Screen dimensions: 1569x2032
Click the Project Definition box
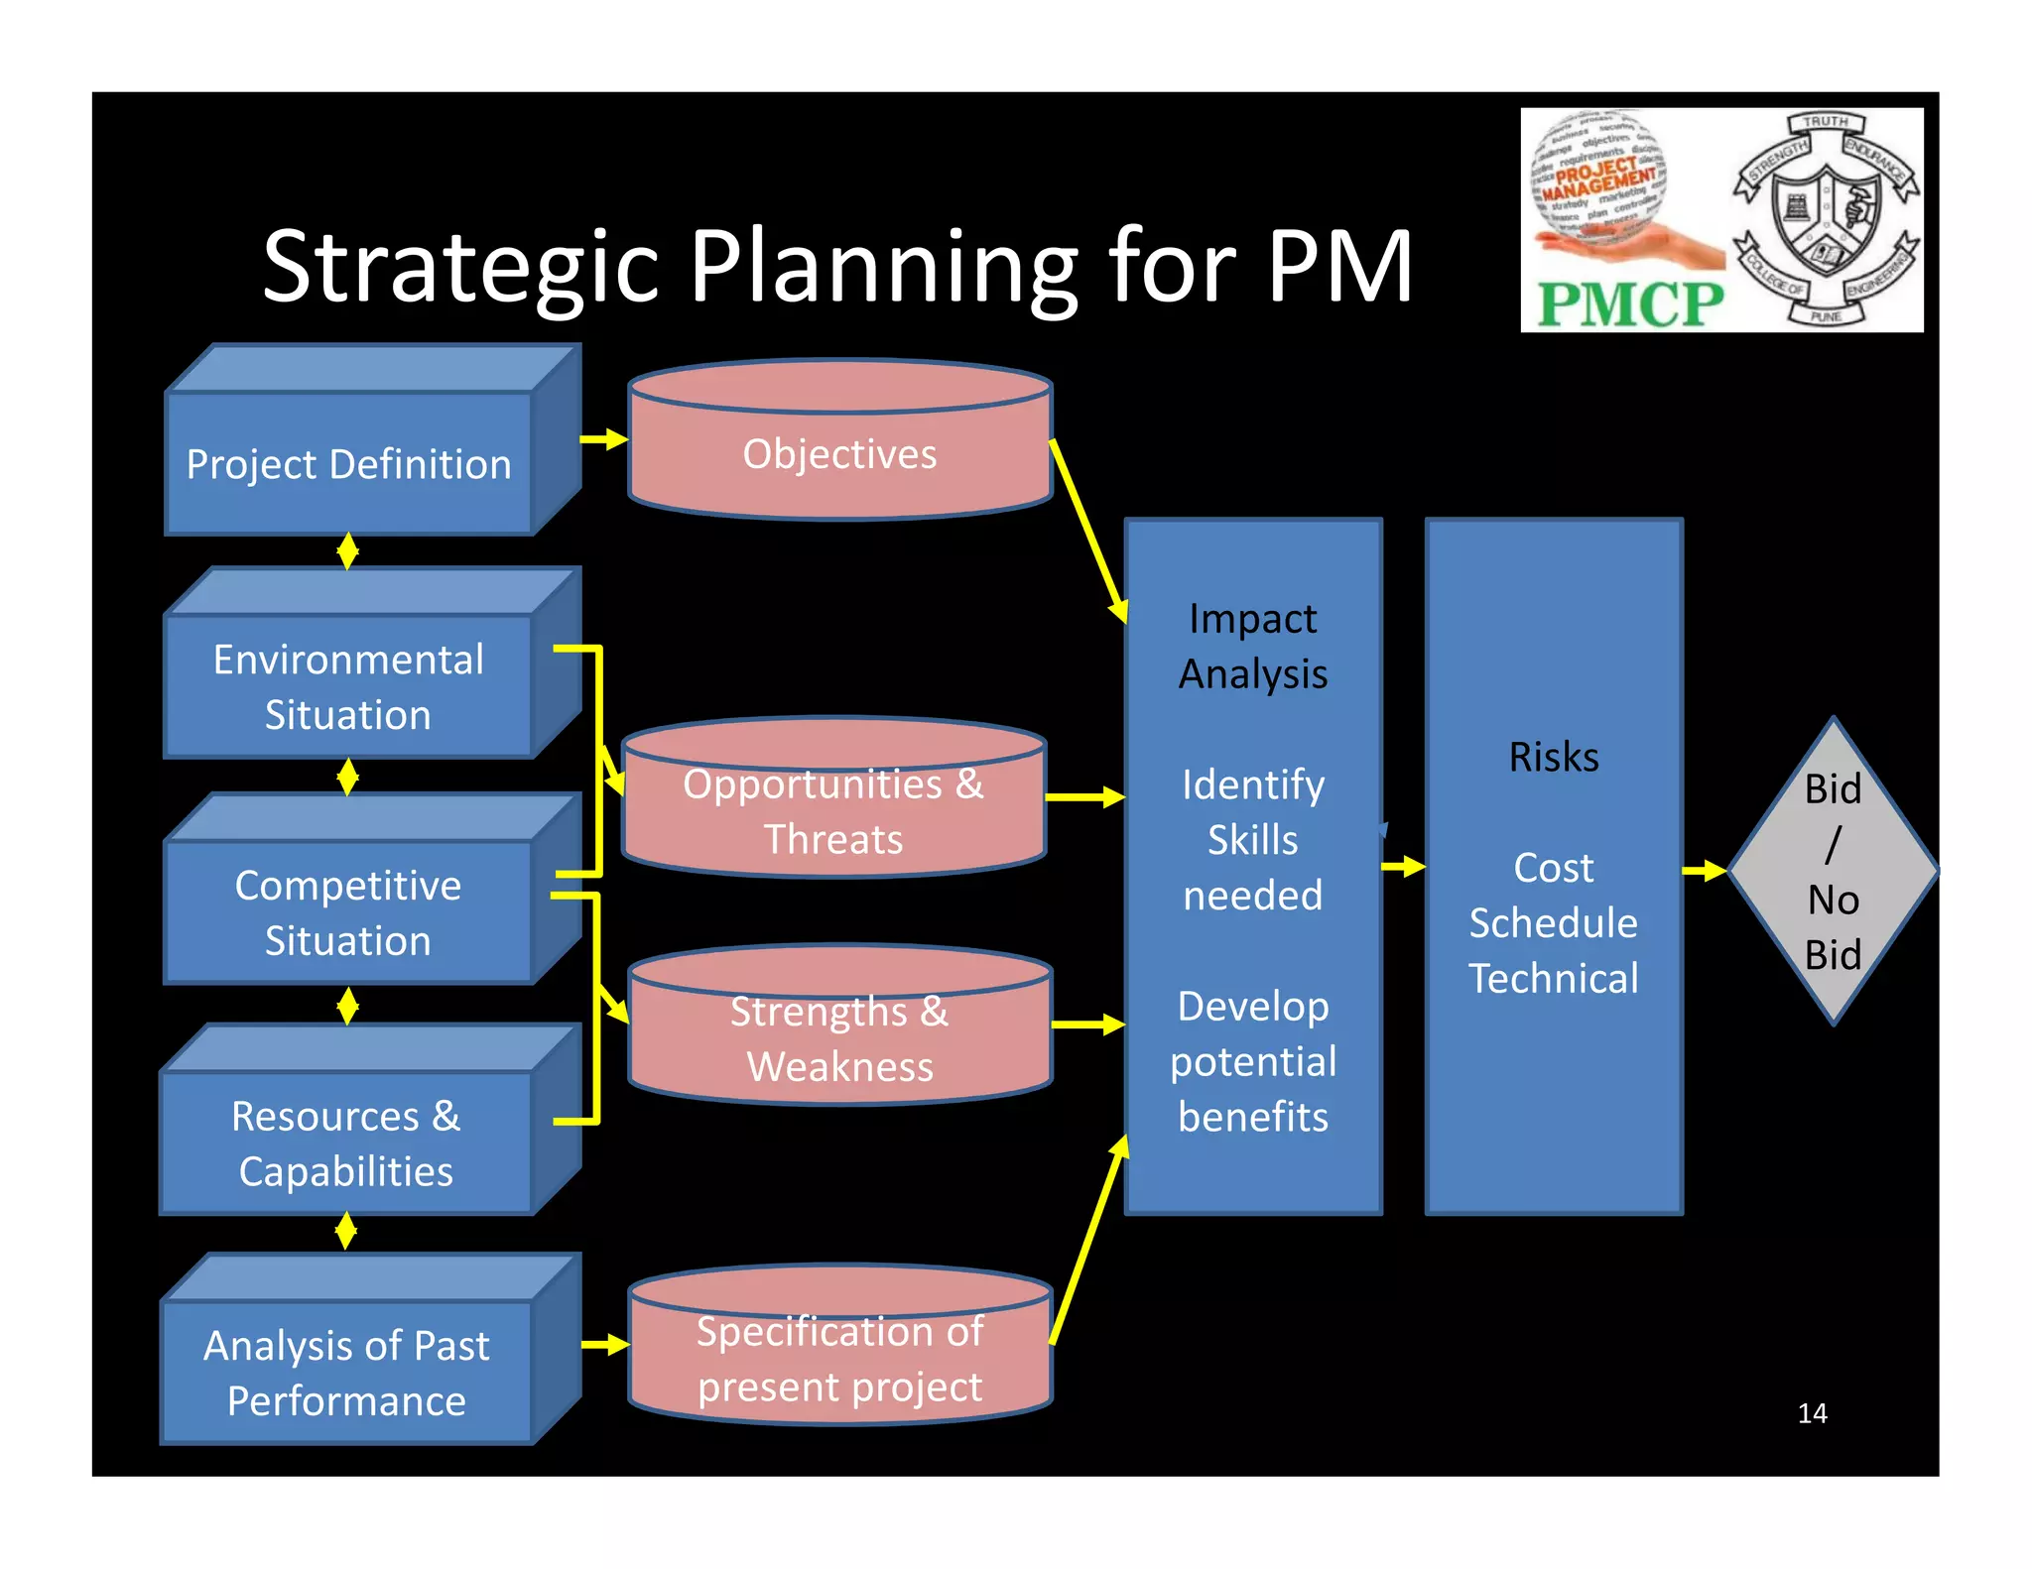click(x=349, y=463)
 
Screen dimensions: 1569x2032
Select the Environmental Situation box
click(x=349, y=686)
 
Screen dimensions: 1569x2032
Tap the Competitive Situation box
click(x=349, y=912)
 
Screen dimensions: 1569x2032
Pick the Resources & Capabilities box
click(x=347, y=1143)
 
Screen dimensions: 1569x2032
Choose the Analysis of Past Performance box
click(x=347, y=1373)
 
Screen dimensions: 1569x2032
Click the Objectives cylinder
click(x=839, y=454)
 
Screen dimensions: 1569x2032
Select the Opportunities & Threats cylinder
click(x=833, y=811)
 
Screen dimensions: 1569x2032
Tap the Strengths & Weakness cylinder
click(x=839, y=1038)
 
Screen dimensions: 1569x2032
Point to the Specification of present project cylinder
click(x=839, y=1359)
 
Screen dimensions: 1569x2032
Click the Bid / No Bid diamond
click(x=1833, y=871)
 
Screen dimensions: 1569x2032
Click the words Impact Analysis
click(x=1253, y=646)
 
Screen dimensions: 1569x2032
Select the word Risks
click(x=1554, y=757)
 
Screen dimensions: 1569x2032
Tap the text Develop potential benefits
click(x=1253, y=1061)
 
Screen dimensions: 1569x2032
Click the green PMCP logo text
click(x=1629, y=303)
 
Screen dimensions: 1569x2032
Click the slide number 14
click(x=1812, y=1413)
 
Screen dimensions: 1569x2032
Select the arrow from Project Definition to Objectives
click(x=604, y=438)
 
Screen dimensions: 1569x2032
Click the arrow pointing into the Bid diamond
click(x=1705, y=871)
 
